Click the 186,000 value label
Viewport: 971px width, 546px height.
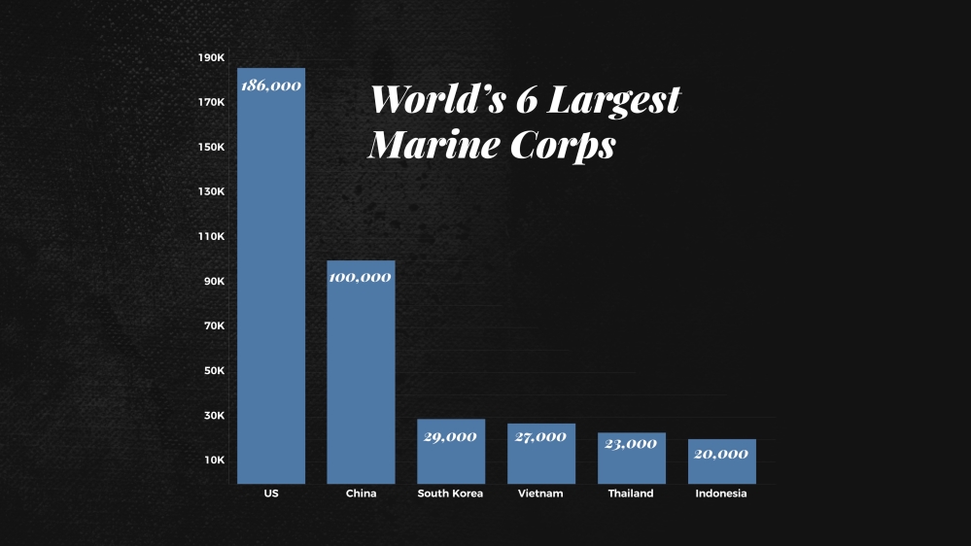pyautogui.click(x=271, y=85)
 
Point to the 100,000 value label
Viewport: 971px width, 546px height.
pyautogui.click(x=361, y=277)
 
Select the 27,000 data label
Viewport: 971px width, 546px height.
pyautogui.click(x=540, y=437)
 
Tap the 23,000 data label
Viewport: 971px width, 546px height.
pyautogui.click(x=631, y=443)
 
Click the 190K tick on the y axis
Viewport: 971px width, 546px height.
pyautogui.click(x=212, y=58)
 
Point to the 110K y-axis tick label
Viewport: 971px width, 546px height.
pyautogui.click(x=212, y=237)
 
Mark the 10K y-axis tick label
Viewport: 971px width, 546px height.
pyautogui.click(x=214, y=461)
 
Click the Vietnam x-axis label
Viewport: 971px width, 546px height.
pyautogui.click(x=540, y=494)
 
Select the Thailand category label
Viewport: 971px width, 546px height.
pyautogui.click(x=631, y=494)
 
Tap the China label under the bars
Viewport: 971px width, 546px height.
pyautogui.click(x=361, y=494)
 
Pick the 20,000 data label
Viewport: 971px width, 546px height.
pyautogui.click(x=721, y=454)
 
